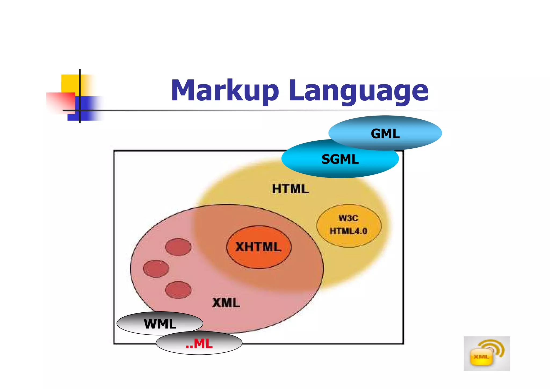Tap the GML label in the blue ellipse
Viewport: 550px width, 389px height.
[x=385, y=134]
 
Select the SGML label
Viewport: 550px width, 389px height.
[x=340, y=159]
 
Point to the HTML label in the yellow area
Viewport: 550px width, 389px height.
[x=290, y=189]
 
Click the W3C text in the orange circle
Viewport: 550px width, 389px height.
[x=348, y=218]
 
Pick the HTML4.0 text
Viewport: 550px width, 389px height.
[x=348, y=231]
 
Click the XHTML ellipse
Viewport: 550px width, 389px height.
[x=259, y=247]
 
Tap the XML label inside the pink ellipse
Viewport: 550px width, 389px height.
[x=226, y=303]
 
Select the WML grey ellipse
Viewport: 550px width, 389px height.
[x=160, y=323]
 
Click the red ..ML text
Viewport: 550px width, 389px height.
[x=199, y=344]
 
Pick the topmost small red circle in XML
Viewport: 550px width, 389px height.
[x=178, y=247]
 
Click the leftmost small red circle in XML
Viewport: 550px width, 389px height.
[x=156, y=268]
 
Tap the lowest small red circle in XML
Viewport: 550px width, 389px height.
[x=178, y=290]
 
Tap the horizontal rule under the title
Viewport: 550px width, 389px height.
[x=242, y=110]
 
